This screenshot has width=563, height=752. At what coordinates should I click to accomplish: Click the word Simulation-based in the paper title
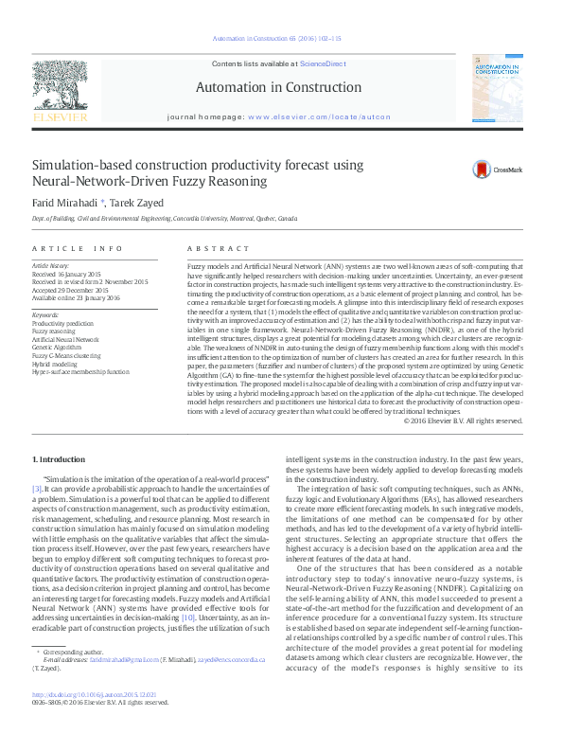pos(81,165)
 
